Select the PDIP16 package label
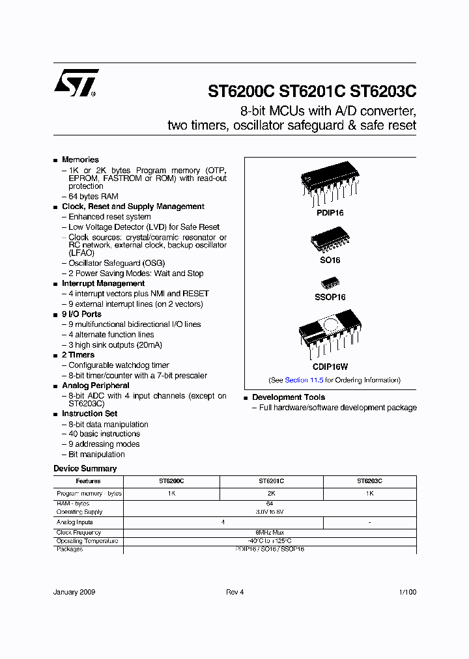(330, 212)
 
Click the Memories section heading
(80, 160)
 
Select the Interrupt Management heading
(103, 284)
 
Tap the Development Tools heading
(289, 397)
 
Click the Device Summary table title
(85, 469)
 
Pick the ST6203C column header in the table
(369, 481)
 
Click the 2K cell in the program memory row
(271, 494)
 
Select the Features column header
(88, 481)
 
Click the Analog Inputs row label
(75, 522)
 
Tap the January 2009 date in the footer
(74, 592)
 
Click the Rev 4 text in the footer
(234, 592)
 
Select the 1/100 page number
(407, 592)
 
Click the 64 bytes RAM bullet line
(93, 196)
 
